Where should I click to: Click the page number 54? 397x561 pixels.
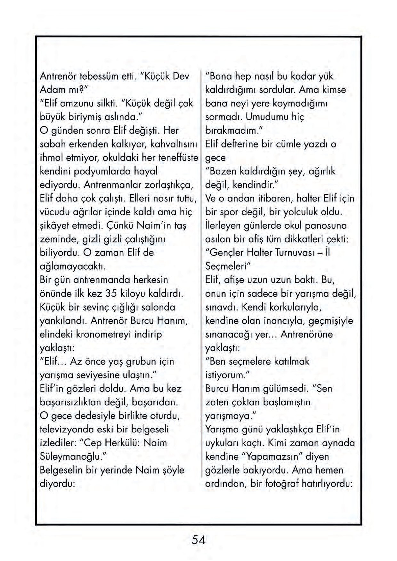click(198, 540)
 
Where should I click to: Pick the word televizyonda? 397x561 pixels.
click(67, 429)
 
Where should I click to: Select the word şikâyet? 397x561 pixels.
click(54, 225)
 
